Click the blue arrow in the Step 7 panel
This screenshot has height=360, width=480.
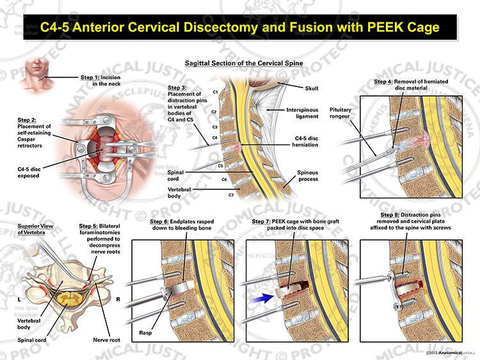click(262, 298)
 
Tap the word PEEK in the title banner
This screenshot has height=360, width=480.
click(384, 27)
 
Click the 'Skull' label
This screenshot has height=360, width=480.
click(311, 88)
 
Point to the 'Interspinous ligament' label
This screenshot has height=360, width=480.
click(302, 113)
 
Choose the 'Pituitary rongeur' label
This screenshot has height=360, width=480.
click(340, 113)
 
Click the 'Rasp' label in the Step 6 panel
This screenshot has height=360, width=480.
click(145, 333)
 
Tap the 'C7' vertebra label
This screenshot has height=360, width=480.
click(231, 195)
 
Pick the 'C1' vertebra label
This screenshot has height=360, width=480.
click(215, 92)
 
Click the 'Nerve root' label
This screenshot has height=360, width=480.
click(106, 340)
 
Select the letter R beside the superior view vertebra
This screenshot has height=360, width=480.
click(118, 299)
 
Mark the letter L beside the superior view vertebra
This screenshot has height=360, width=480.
click(20, 299)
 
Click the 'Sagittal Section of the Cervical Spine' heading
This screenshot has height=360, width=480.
click(244, 63)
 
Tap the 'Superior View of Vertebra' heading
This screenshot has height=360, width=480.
click(35, 229)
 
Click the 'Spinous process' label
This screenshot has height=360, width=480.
click(308, 176)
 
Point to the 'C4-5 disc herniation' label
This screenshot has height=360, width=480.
click(305, 141)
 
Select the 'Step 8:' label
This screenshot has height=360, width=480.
click(390, 215)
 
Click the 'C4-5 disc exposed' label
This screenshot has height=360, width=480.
click(29, 173)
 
